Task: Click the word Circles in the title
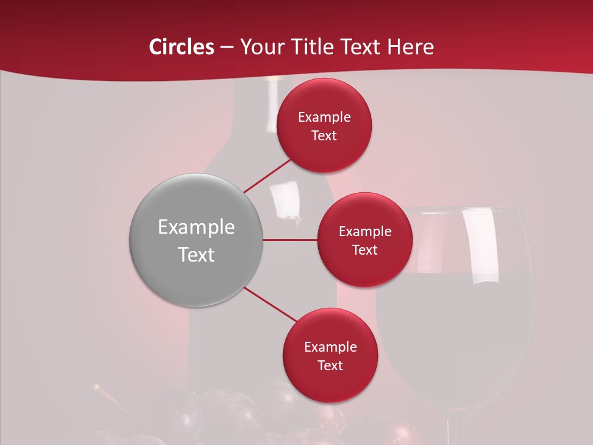182,47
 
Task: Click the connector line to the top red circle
267,176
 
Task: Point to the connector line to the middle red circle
290,240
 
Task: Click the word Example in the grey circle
196,227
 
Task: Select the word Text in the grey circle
196,255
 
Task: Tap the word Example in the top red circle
324,117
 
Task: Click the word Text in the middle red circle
364,250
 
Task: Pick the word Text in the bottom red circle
330,365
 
